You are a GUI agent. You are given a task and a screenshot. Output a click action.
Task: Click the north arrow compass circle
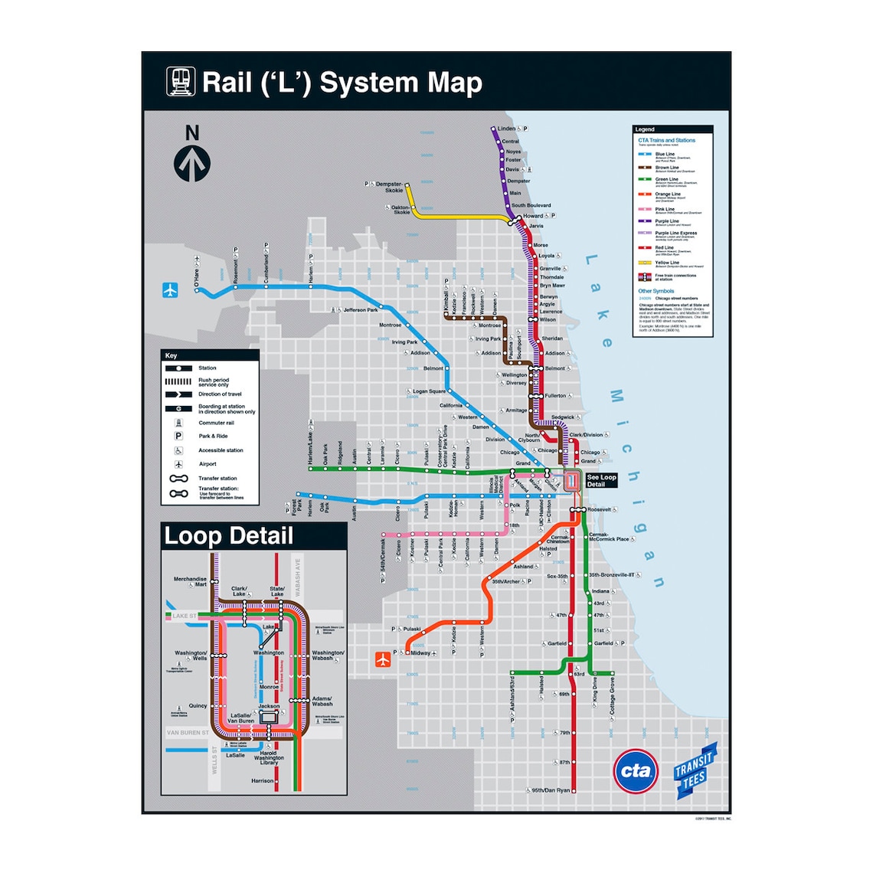point(192,163)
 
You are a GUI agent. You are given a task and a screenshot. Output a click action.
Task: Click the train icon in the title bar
point(181,82)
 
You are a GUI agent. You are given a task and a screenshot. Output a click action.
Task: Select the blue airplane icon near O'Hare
point(170,290)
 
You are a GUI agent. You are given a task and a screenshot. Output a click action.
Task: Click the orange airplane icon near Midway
point(384,659)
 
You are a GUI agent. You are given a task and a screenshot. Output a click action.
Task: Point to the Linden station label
point(506,129)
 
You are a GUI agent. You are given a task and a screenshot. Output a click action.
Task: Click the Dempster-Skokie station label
point(390,187)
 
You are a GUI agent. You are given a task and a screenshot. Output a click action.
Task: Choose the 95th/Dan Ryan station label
point(551,790)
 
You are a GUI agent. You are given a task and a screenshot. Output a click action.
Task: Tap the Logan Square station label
point(429,391)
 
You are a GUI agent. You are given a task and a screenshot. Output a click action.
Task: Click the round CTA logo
point(636,771)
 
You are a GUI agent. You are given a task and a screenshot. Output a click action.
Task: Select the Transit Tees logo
point(695,770)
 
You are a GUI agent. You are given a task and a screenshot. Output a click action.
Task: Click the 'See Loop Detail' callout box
point(601,480)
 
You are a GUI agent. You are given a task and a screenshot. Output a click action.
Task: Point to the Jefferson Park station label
point(361,310)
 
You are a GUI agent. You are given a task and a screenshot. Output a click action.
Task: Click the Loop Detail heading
point(229,536)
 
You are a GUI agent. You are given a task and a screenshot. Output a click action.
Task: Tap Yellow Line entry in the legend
point(667,263)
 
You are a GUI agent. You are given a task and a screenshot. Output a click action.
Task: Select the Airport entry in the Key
point(208,464)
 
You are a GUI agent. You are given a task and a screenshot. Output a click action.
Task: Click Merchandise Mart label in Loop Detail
point(190,582)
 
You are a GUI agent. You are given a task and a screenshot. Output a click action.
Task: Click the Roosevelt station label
point(600,509)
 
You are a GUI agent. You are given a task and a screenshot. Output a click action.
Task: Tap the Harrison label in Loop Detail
point(262,781)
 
